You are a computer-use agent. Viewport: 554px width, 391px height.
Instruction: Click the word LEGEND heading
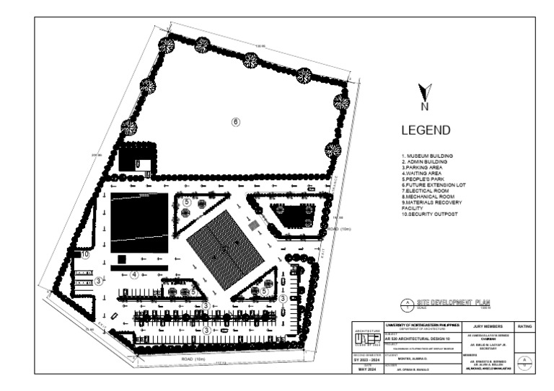426,131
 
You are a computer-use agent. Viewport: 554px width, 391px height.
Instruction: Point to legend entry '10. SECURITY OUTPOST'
431,215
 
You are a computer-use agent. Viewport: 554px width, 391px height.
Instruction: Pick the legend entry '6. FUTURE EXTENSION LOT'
434,185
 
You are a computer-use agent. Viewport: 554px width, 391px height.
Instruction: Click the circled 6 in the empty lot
235,122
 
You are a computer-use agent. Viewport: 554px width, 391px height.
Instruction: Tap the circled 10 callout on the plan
84,253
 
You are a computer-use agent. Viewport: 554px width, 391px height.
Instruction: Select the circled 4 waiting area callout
134,274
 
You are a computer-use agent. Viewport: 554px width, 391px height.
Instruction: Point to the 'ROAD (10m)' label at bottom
194,358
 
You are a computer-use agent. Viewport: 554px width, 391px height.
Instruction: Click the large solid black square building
139,223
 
